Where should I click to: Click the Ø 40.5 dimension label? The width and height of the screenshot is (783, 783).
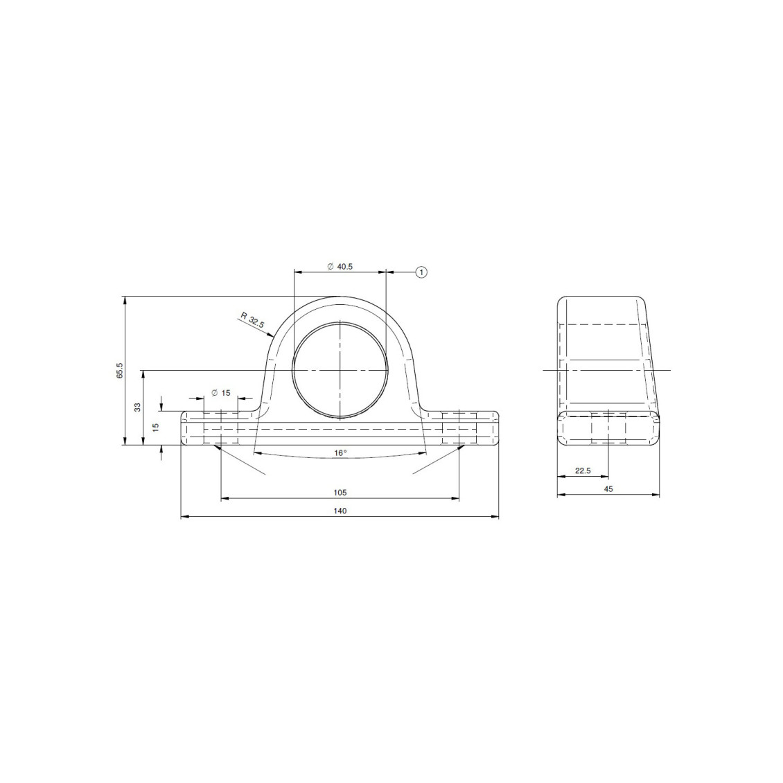coord(340,267)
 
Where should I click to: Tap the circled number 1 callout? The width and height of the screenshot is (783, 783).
coord(422,272)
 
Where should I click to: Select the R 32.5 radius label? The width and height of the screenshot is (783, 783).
coord(252,319)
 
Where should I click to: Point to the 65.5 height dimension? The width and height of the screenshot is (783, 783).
coord(120,371)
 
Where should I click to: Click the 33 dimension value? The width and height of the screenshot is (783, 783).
coord(138,407)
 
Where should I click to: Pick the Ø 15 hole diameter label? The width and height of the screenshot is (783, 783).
coord(221,393)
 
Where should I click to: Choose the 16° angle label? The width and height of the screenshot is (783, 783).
coord(340,453)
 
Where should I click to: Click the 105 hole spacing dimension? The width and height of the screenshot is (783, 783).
coord(340,493)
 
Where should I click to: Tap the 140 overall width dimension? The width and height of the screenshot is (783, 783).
coord(340,511)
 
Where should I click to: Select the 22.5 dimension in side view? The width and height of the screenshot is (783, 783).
coord(583,470)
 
